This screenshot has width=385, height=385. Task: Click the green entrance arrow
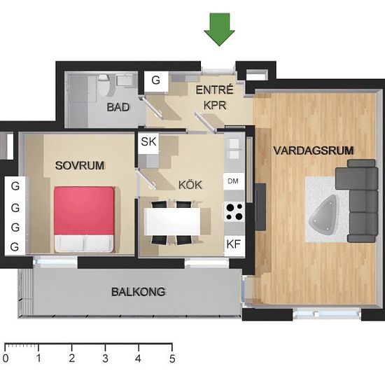point(219,29)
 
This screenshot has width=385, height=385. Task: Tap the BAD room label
point(118,107)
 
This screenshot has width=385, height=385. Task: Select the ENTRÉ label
point(214,90)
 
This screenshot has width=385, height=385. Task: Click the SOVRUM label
point(80,165)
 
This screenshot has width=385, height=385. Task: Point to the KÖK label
point(190,185)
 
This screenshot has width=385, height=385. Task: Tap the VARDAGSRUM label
point(314,150)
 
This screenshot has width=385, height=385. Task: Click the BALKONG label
point(138,292)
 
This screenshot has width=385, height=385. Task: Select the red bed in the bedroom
point(84,219)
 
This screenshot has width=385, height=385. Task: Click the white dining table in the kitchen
point(172,222)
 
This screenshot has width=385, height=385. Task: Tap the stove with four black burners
point(234,211)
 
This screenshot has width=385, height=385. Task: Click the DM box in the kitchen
point(234,181)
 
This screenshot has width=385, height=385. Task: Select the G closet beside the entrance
point(156,81)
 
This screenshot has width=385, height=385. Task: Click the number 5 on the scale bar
point(172,358)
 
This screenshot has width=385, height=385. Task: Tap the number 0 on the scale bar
point(6,358)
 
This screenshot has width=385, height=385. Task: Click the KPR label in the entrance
point(215,106)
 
